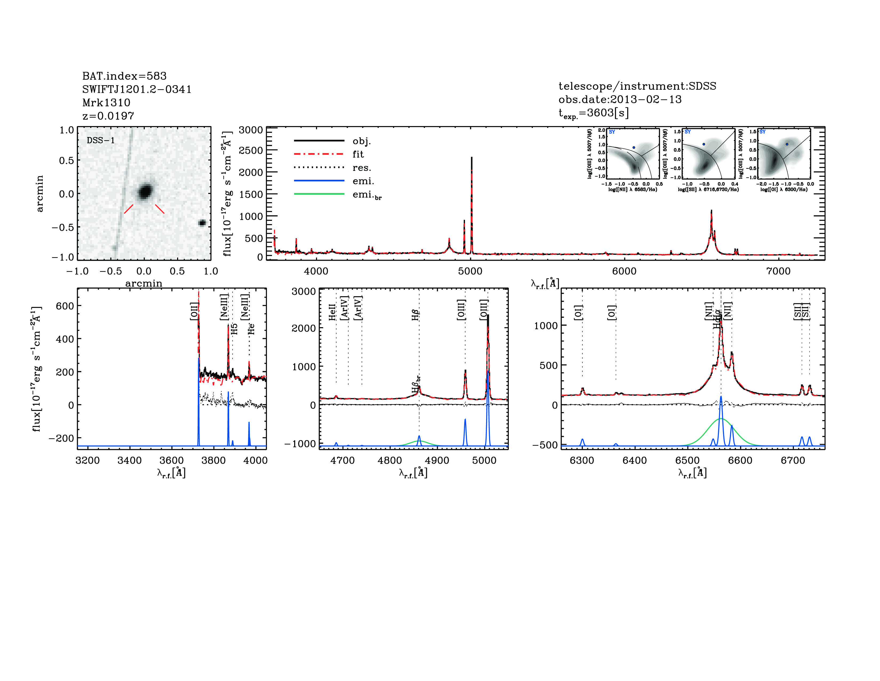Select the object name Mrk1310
(106, 103)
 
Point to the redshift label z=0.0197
(108, 116)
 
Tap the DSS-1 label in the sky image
(101, 140)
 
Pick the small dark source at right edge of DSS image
(202, 223)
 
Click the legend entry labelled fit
(358, 154)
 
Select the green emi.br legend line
(319, 194)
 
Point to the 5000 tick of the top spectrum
(470, 271)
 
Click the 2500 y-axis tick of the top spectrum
(251, 150)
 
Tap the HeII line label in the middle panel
(333, 312)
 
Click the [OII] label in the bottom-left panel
(194, 311)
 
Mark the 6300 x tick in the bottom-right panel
(582, 460)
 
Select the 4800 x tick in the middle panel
(390, 460)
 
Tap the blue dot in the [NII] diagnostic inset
(634, 148)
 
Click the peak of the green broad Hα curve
(721, 419)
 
